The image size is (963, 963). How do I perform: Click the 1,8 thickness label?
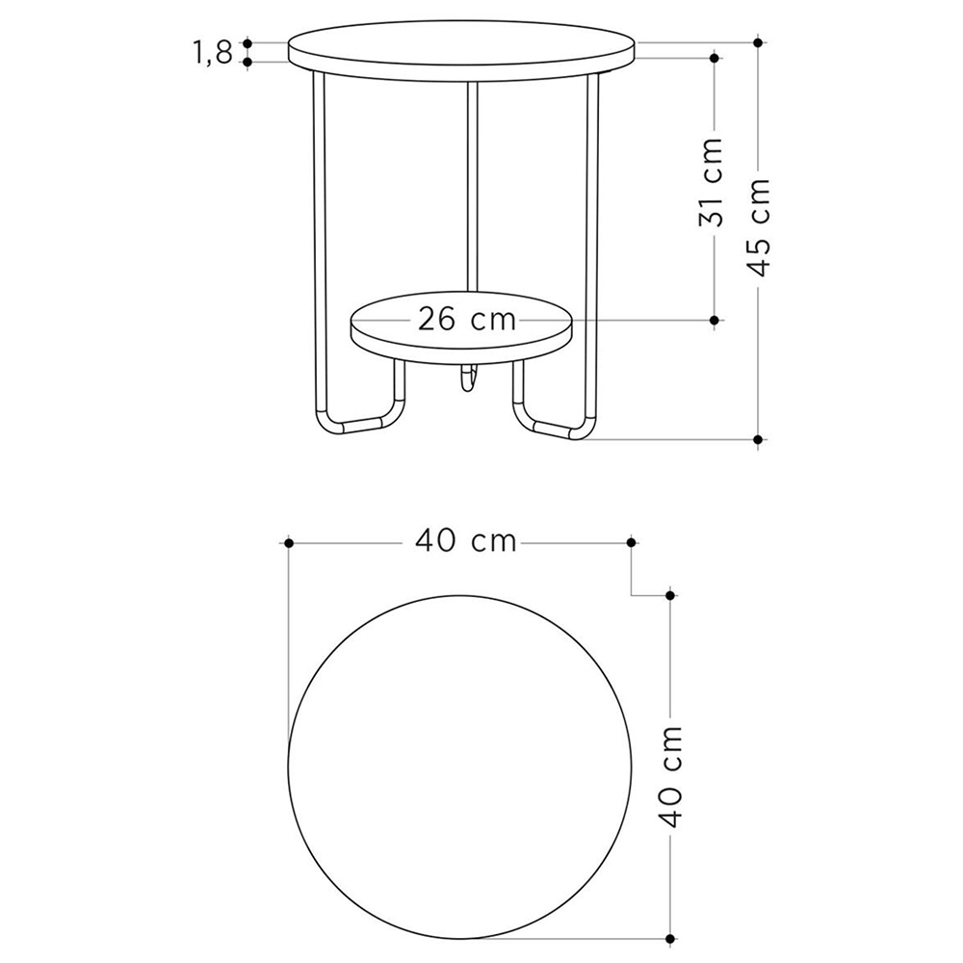point(213,53)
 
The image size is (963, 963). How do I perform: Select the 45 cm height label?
point(760,227)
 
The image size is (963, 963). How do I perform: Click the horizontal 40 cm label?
point(466,542)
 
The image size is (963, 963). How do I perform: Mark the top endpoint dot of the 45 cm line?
point(759,42)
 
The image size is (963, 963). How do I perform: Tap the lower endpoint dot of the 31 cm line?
point(714,319)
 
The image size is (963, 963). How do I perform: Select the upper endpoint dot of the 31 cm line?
point(714,58)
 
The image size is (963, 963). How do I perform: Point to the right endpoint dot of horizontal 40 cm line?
point(631,543)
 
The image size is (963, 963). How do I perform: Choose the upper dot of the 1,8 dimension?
point(247,43)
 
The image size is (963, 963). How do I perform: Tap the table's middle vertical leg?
point(472,183)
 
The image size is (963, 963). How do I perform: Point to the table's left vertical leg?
point(318,241)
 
